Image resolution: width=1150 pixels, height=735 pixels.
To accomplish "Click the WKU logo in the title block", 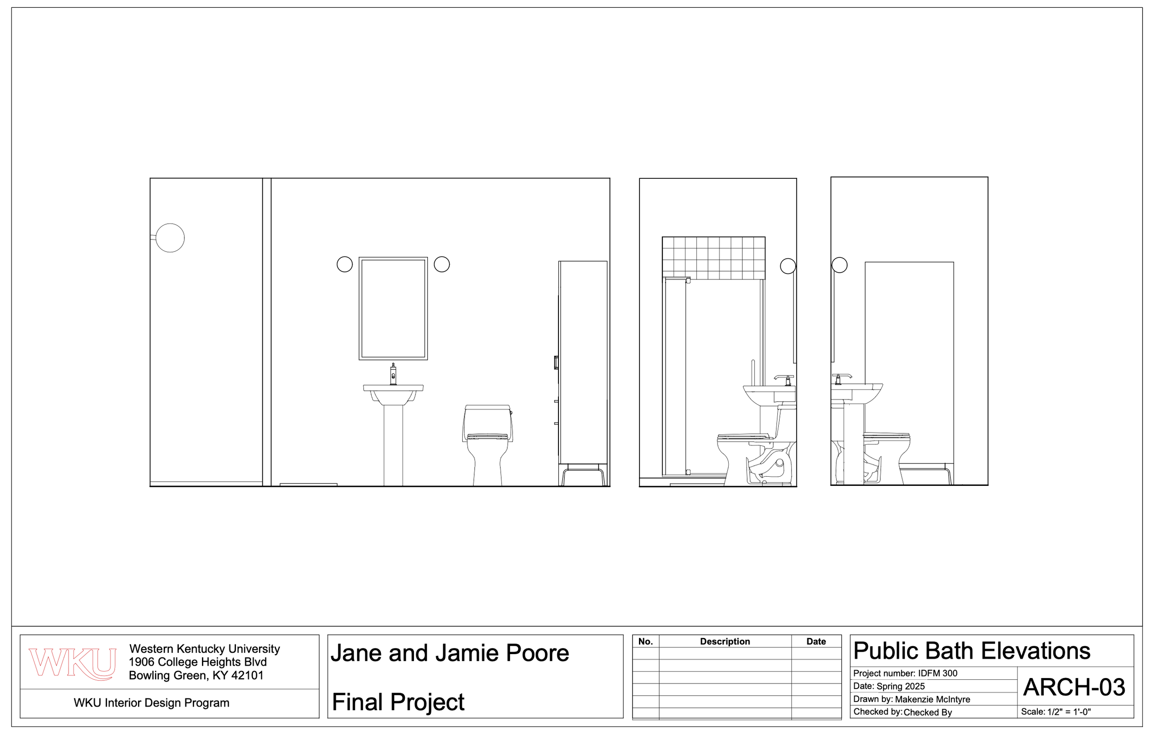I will coord(72,663).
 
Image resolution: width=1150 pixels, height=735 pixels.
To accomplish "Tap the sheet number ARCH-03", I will coord(1074,687).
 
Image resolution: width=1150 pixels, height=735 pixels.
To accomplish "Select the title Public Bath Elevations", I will coord(972,651).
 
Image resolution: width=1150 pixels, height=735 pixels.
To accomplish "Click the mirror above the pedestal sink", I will coord(393,308).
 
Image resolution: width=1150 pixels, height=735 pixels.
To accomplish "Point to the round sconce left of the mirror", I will coord(345,264).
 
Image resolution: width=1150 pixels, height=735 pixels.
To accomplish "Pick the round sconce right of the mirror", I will coord(441,264).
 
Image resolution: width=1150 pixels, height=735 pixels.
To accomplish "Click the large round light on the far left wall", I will coord(170,238).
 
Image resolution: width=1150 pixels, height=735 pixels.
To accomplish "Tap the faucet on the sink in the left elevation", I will coord(393,374).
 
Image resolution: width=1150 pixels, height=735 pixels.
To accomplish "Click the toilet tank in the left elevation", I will coord(487,420).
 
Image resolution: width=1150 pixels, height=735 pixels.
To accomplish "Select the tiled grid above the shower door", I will coord(713,258).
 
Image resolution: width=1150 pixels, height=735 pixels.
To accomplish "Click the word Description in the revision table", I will coord(724,641).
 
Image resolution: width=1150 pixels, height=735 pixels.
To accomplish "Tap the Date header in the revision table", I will coord(816,641).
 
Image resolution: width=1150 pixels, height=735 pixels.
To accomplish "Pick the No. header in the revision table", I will coord(645,641).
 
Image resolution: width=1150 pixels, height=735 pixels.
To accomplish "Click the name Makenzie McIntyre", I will coord(932,699).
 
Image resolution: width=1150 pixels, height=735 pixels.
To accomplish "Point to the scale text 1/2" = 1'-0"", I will coord(1069,712).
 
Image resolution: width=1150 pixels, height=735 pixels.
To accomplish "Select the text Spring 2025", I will coord(901,686).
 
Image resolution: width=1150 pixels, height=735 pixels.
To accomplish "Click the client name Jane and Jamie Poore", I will coord(449,653).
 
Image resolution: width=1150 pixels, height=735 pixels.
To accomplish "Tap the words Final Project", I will coord(398,701).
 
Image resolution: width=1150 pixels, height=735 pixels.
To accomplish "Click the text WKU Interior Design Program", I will coord(151,702).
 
